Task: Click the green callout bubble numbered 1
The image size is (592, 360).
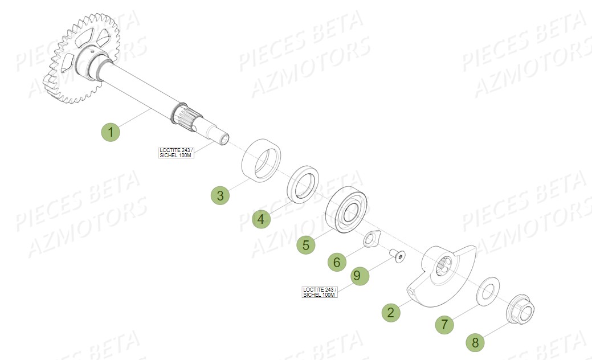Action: click(x=111, y=133)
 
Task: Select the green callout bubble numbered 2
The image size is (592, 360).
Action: click(x=390, y=312)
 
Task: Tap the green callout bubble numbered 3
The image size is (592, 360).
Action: click(x=220, y=195)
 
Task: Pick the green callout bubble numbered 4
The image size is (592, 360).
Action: click(x=261, y=219)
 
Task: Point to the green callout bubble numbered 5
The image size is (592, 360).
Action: click(x=306, y=245)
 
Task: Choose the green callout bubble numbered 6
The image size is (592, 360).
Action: click(x=337, y=262)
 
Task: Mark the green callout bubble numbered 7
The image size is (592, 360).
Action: click(x=445, y=325)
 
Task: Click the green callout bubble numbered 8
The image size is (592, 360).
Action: click(x=475, y=342)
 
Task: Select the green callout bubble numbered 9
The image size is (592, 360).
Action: click(x=357, y=276)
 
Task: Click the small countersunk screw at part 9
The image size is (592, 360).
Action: click(x=397, y=256)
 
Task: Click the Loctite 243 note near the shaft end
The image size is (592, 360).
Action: click(x=176, y=152)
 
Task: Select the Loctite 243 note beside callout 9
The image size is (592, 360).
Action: click(x=320, y=292)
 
